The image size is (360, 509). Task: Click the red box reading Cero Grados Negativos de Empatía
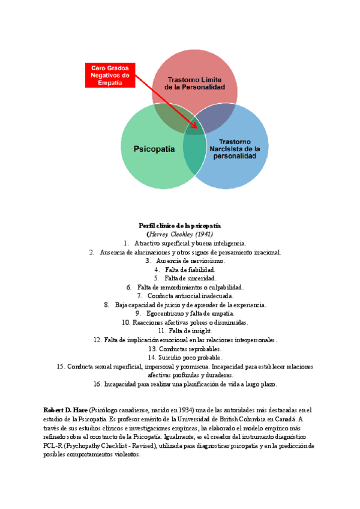pyautogui.click(x=110, y=75)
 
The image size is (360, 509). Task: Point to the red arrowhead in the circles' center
pyautogui.click(x=196, y=125)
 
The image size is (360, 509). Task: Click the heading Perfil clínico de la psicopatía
pyautogui.click(x=180, y=225)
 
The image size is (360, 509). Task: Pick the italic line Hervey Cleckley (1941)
pyautogui.click(x=180, y=233)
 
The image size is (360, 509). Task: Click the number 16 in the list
pyautogui.click(x=97, y=384)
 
